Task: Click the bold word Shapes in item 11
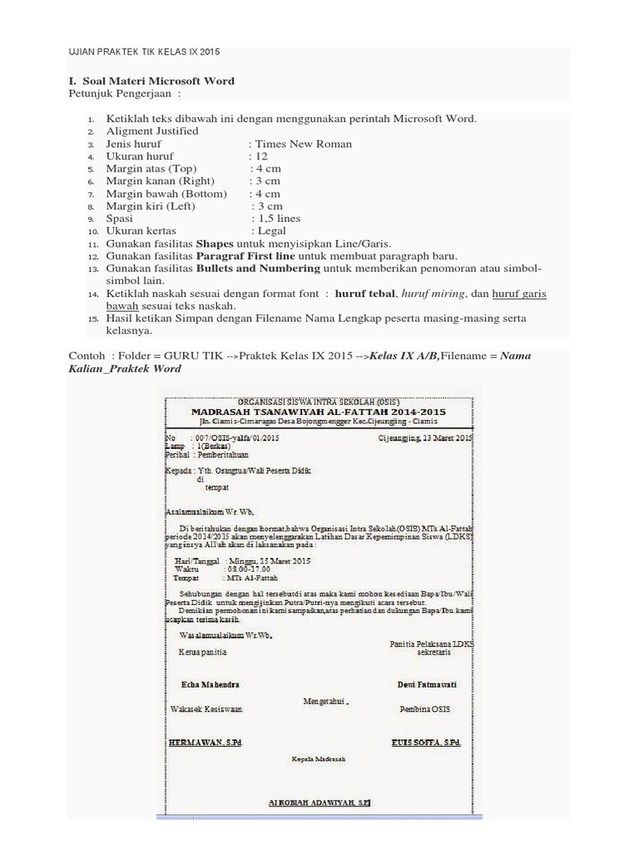pyautogui.click(x=215, y=243)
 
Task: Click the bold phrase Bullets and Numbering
pyautogui.click(x=258, y=268)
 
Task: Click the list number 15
pyautogui.click(x=92, y=319)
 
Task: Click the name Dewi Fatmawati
pyautogui.click(x=427, y=685)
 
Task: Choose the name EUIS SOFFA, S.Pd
pyautogui.click(x=426, y=743)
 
